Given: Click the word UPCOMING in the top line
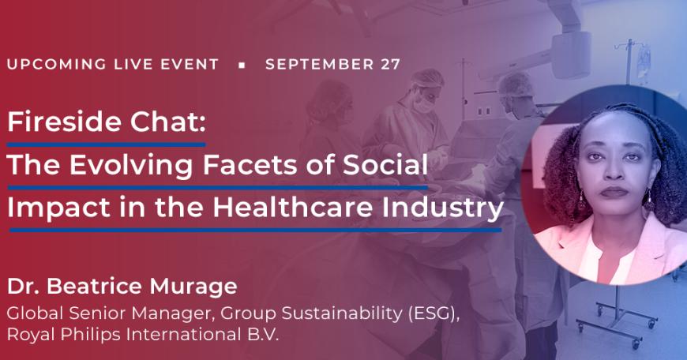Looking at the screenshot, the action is [x=57, y=65].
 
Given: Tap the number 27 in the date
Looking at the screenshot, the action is [x=390, y=65].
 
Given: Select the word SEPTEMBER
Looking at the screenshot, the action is [x=319, y=65].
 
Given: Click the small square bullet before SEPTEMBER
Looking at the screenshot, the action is [x=242, y=66].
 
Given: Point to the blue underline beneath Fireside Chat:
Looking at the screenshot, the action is [x=107, y=144].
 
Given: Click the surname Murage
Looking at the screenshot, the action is [x=193, y=287].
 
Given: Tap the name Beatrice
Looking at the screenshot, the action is [x=94, y=287].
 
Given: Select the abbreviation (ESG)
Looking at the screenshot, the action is [x=433, y=313].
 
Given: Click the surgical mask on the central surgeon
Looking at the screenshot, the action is [x=423, y=104].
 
